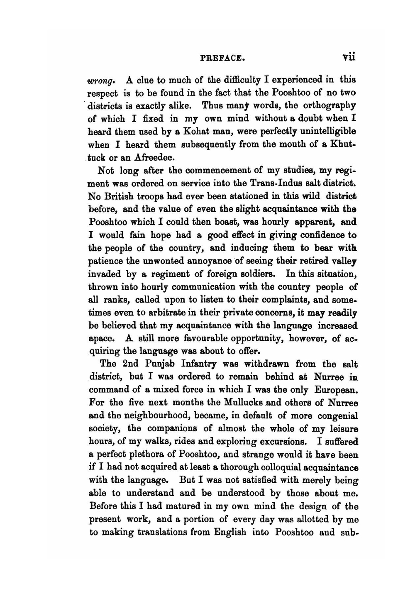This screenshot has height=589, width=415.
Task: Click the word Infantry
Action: tap(199, 364)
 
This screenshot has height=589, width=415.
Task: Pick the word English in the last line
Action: tap(230, 532)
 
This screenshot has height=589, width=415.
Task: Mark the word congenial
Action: tap(337, 416)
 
